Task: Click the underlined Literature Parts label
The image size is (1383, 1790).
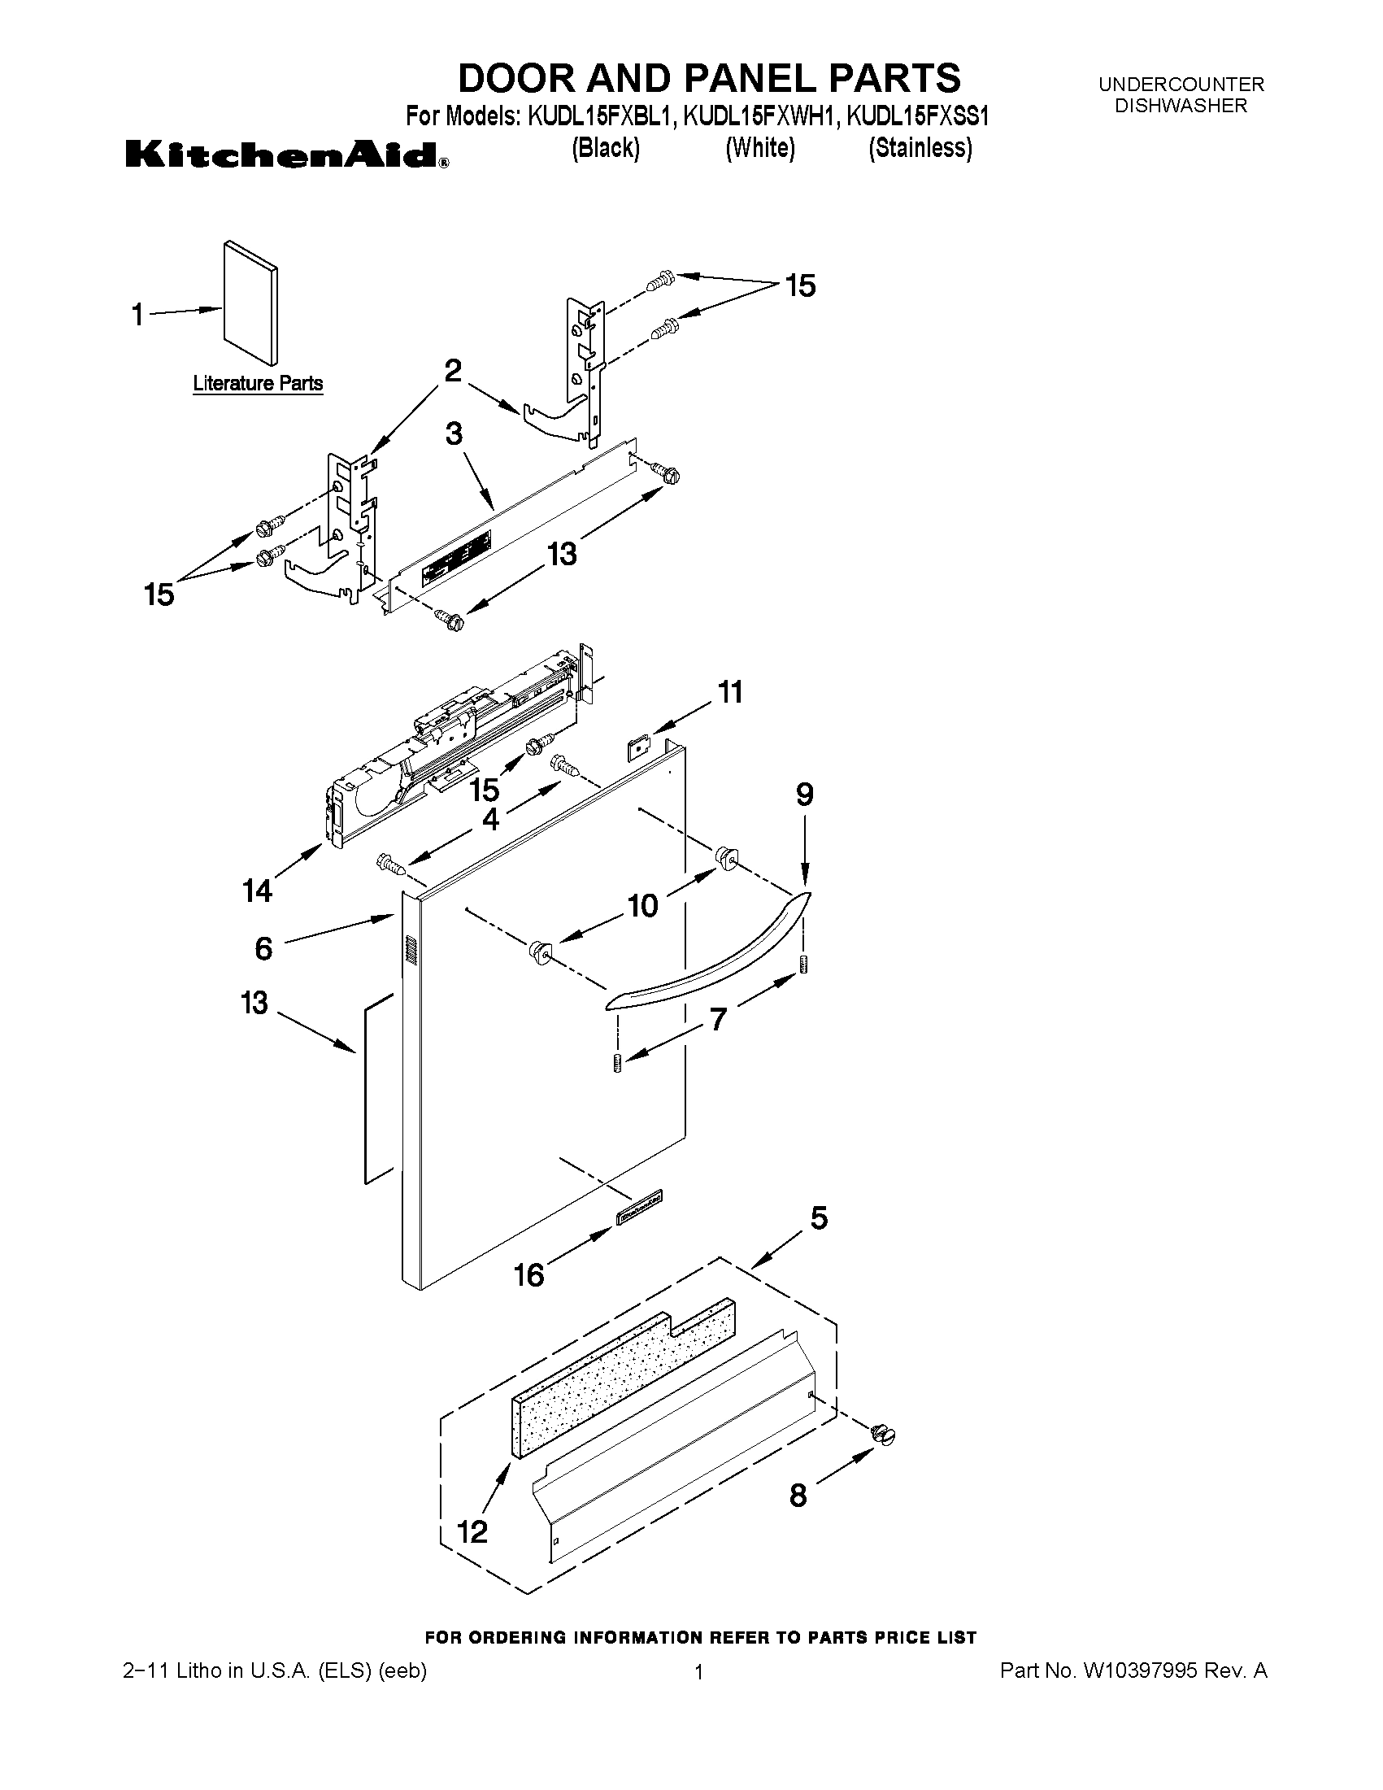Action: point(257,384)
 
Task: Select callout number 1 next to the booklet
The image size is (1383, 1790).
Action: point(138,315)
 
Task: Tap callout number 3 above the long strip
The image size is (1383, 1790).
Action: point(454,433)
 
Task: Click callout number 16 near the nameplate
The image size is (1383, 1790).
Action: point(529,1274)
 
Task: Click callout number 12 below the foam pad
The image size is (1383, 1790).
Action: point(472,1531)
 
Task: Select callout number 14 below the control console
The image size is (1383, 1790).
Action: point(257,890)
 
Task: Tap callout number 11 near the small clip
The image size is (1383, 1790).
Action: point(730,692)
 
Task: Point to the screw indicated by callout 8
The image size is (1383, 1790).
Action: point(883,1434)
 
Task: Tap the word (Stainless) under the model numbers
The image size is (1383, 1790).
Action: point(920,148)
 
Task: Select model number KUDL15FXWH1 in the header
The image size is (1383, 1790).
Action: point(760,117)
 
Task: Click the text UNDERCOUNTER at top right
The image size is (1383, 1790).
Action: point(1181,85)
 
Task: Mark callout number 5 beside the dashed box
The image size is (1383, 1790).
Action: point(819,1218)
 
